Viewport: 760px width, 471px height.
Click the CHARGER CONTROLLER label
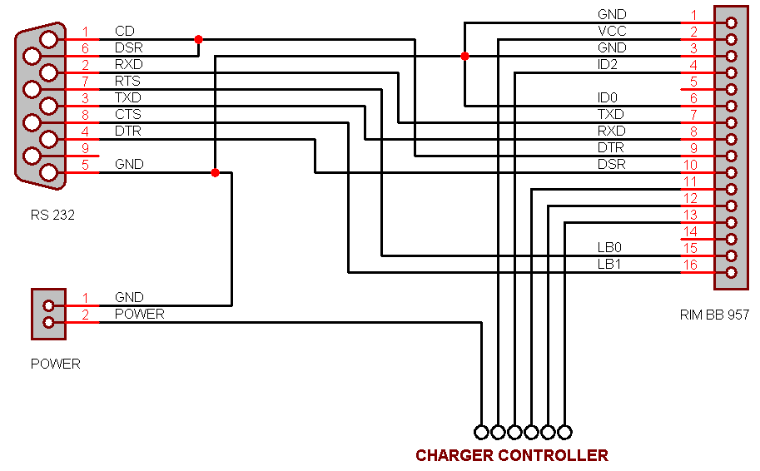pyautogui.click(x=512, y=455)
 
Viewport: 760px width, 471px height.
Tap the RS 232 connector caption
pyautogui.click(x=53, y=216)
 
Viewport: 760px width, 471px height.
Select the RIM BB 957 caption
pyautogui.click(x=714, y=315)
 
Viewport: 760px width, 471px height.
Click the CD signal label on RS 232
pyautogui.click(x=124, y=32)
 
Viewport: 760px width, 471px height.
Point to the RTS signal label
pyautogui.click(x=127, y=82)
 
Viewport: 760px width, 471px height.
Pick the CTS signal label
pyautogui.click(x=127, y=115)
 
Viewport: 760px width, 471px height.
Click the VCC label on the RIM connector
pyautogui.click(x=612, y=32)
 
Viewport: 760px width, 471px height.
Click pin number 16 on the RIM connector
pyautogui.click(x=689, y=265)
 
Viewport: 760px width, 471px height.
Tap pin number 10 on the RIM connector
pyautogui.click(x=689, y=165)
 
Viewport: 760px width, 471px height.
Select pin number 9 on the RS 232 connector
pyautogui.click(x=85, y=148)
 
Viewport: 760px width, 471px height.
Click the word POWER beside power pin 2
pyautogui.click(x=139, y=315)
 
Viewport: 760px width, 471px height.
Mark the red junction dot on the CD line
pyautogui.click(x=198, y=39)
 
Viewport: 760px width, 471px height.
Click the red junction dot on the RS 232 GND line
pyautogui.click(x=215, y=172)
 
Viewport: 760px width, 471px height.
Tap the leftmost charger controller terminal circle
pyautogui.click(x=481, y=432)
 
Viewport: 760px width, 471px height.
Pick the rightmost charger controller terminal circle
pyautogui.click(x=564, y=432)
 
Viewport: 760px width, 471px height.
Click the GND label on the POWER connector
pyautogui.click(x=129, y=298)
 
